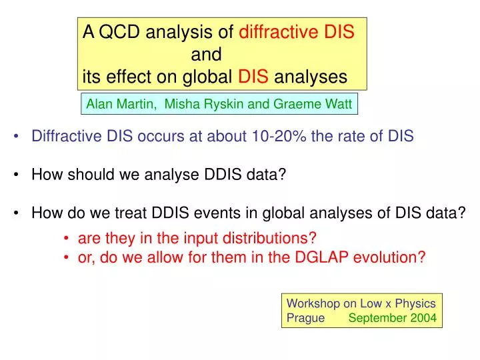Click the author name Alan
click(x=101, y=104)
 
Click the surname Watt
click(x=339, y=104)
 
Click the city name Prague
click(x=305, y=317)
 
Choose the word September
click(x=376, y=317)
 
